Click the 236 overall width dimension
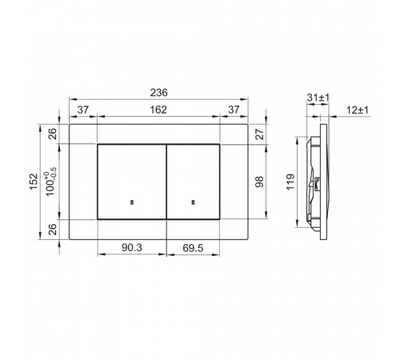(x=159, y=93)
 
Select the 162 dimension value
(x=158, y=110)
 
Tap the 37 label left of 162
(x=83, y=110)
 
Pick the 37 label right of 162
(x=234, y=110)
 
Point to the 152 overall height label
(x=34, y=182)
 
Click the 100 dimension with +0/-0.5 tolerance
(x=50, y=182)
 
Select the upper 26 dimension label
(x=53, y=134)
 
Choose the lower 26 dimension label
(x=53, y=230)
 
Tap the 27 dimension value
(x=259, y=134)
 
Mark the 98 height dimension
(x=259, y=182)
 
